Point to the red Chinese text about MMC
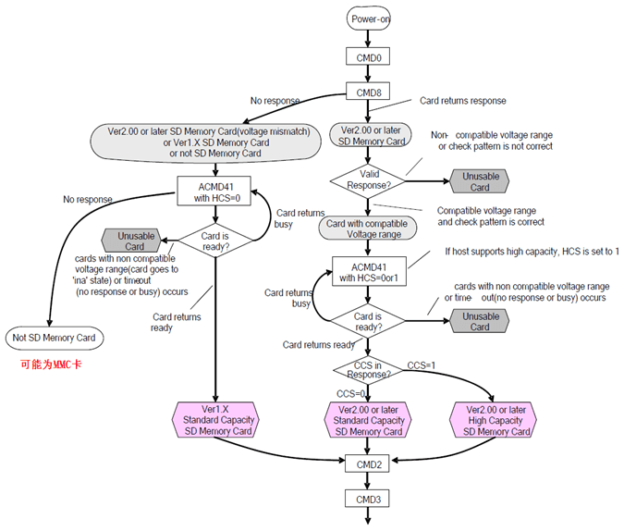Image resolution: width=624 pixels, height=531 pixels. pyautogui.click(x=52, y=364)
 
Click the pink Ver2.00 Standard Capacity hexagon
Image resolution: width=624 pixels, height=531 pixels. pyautogui.click(x=367, y=420)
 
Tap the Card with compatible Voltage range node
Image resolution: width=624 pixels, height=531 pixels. pyautogui.click(x=367, y=228)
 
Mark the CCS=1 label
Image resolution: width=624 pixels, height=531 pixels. pyautogui.click(x=422, y=365)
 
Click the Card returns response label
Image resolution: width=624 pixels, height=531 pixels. pyautogui.click(x=463, y=100)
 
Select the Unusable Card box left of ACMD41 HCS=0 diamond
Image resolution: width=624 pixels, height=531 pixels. pyautogui.click(x=135, y=241)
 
